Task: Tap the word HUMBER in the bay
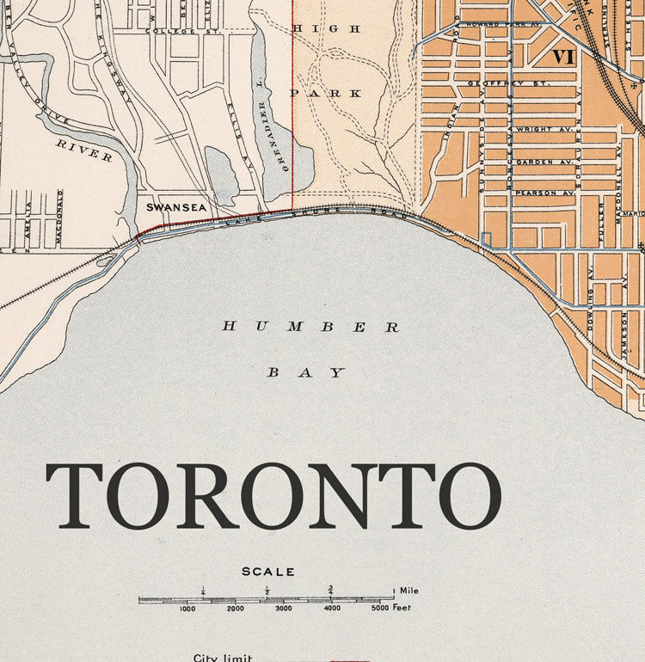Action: pyautogui.click(x=311, y=327)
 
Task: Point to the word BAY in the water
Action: pyautogui.click(x=307, y=373)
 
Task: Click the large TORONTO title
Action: pyautogui.click(x=273, y=498)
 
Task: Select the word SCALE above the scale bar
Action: pyautogui.click(x=268, y=572)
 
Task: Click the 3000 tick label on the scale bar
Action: pyautogui.click(x=284, y=609)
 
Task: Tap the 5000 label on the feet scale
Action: pyautogui.click(x=380, y=609)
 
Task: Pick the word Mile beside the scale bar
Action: pyautogui.click(x=410, y=592)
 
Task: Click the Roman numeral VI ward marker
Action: pyautogui.click(x=563, y=58)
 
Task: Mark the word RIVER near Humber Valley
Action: pyautogui.click(x=84, y=150)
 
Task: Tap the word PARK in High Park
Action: pyautogui.click(x=326, y=92)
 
